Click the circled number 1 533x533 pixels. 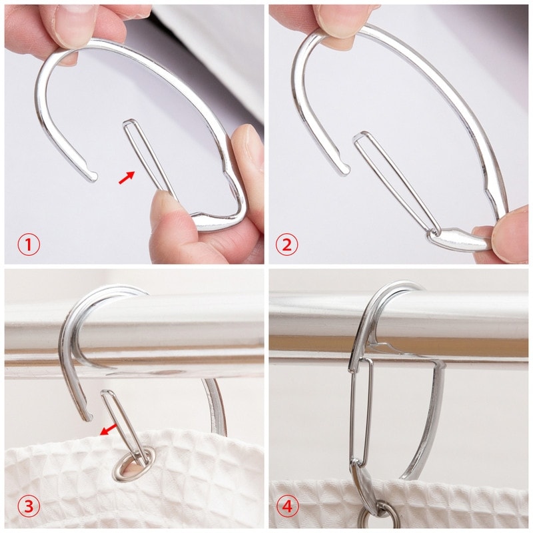tap(29, 245)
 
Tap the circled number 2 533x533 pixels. tap(286, 245)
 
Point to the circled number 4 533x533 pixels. tap(286, 507)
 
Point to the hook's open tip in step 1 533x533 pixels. tap(91, 176)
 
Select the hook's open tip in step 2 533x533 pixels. tap(344, 170)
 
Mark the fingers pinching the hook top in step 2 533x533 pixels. tap(340, 20)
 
